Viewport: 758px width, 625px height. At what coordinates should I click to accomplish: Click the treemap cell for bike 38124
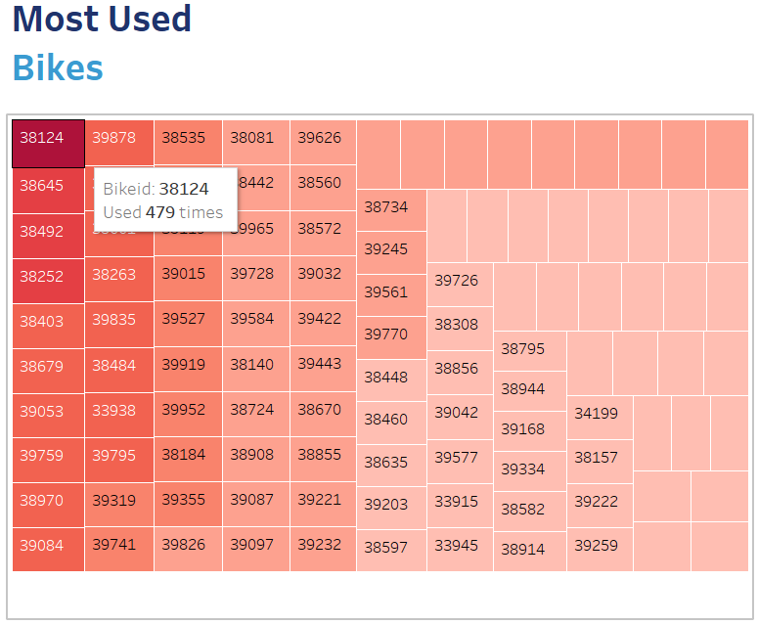point(48,143)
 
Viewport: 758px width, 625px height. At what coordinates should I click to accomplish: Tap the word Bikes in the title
point(58,67)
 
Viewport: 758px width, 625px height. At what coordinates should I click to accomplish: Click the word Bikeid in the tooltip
point(126,189)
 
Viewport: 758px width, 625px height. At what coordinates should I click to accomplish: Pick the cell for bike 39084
point(48,549)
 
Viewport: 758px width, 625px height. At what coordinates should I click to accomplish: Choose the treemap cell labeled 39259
point(599,549)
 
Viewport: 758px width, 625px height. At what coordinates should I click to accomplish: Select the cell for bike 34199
point(599,417)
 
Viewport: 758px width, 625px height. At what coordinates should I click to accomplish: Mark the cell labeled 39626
point(323,142)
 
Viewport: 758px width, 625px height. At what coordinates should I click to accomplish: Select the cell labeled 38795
point(529,351)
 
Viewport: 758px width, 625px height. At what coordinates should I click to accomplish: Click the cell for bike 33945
point(460,549)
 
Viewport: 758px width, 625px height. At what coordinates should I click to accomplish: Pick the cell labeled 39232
point(323,549)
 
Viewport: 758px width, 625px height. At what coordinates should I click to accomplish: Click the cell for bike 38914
point(529,552)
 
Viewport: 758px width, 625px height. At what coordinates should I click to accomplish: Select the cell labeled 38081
point(255,142)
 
